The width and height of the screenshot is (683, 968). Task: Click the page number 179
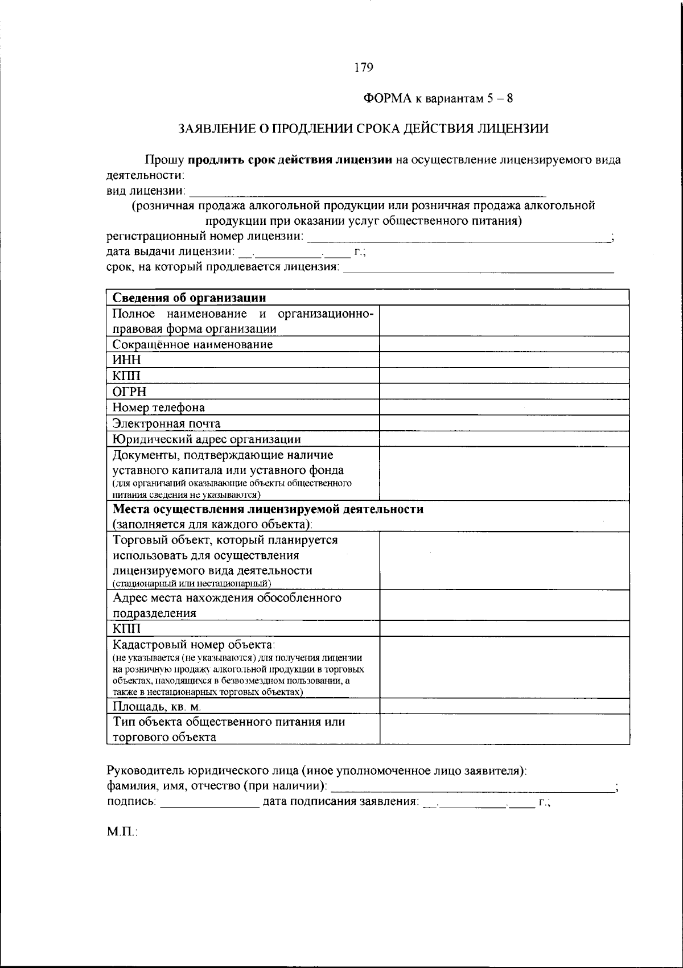(x=363, y=68)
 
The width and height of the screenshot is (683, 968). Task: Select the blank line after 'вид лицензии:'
(x=367, y=192)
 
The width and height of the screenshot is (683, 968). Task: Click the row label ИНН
(x=126, y=360)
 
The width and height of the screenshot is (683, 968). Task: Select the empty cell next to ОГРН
(x=504, y=392)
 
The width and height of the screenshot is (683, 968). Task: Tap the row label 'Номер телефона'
(x=158, y=407)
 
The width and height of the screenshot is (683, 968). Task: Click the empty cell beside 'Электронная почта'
(x=504, y=423)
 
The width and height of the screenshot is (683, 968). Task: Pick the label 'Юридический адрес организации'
(x=207, y=439)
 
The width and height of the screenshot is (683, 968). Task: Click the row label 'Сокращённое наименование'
(x=192, y=344)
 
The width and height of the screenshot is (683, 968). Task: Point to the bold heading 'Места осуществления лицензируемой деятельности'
(x=268, y=509)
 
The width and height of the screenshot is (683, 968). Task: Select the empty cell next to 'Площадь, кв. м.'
(x=504, y=706)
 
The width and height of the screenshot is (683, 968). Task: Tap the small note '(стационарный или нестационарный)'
(x=191, y=584)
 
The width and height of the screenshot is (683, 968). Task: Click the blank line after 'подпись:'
(x=209, y=804)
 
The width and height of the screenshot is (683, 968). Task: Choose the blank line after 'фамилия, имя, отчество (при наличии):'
(x=472, y=788)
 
